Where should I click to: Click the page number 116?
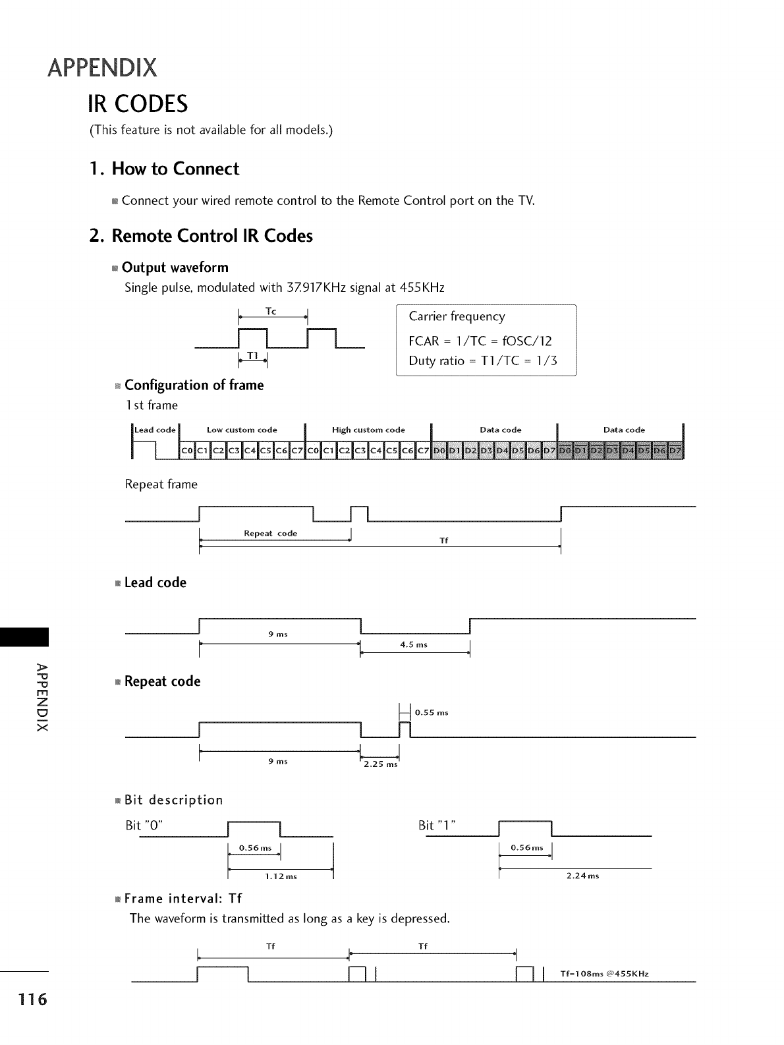coord(24,1000)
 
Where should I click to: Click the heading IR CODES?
coord(138,104)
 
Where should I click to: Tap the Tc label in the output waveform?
coord(271,310)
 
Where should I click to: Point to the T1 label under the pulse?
coord(252,356)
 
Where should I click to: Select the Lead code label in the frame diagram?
coord(155,430)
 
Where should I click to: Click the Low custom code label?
coord(242,430)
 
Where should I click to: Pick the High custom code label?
coord(368,430)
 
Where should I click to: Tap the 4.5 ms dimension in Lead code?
coord(414,645)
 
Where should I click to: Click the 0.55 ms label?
coord(432,712)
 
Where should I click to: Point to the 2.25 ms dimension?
coord(381,764)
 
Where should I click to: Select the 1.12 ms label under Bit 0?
coord(281,876)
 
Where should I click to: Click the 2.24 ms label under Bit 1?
coord(582,876)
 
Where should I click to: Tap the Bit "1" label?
coord(437,826)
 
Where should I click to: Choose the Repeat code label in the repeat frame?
coord(270,534)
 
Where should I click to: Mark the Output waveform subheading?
coord(175,268)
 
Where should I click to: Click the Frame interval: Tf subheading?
coord(182,899)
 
